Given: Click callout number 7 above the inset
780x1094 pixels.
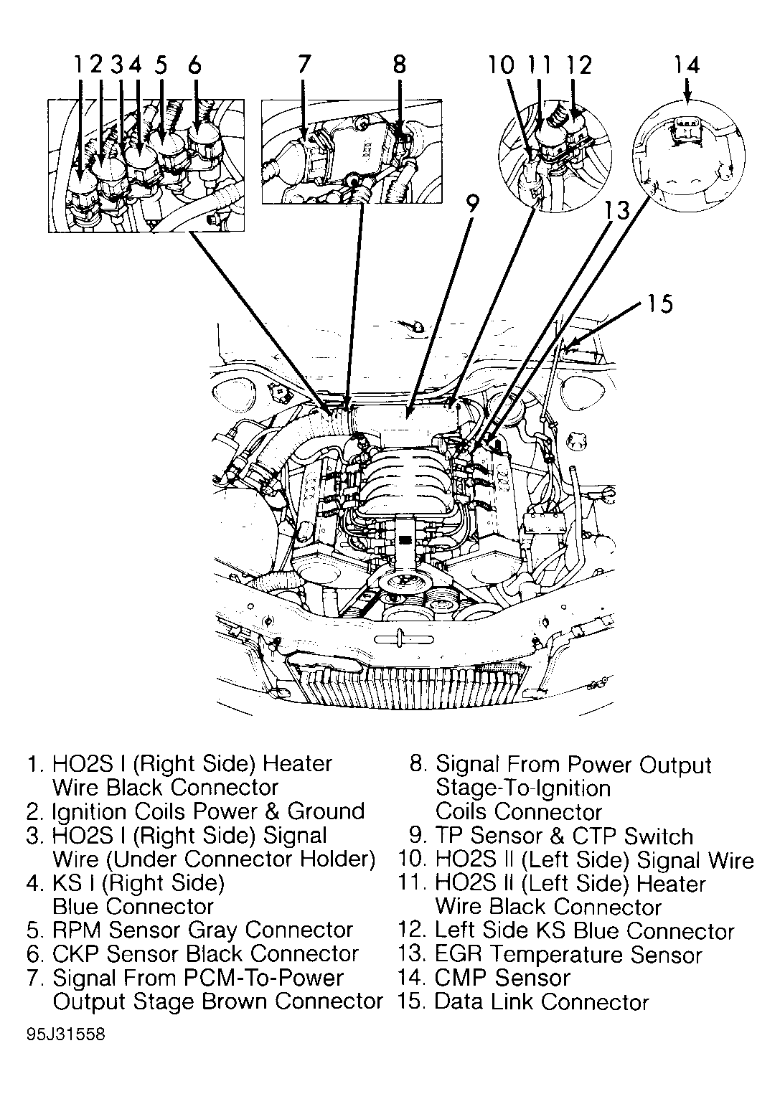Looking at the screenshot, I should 304,65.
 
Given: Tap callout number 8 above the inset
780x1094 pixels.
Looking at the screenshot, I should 399,65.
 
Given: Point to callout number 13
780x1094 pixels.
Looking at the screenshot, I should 616,210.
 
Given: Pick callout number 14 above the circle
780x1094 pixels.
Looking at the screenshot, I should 686,65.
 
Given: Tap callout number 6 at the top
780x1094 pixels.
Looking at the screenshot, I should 194,65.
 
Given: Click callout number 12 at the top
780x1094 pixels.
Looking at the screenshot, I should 578,65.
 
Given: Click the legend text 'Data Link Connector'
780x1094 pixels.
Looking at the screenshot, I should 541,1002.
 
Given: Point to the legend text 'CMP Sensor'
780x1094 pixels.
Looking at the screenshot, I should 502,978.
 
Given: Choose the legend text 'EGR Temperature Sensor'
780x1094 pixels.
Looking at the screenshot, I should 568,955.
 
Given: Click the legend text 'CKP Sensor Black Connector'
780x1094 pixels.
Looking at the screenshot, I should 205,953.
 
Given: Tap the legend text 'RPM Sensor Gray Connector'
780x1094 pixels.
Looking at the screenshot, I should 202,930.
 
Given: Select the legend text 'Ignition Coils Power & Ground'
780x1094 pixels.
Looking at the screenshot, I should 208,811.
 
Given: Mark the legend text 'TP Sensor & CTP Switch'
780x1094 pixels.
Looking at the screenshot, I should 564,836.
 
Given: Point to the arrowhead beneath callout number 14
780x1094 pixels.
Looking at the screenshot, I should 687,96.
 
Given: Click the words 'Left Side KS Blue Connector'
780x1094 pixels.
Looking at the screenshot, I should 584,931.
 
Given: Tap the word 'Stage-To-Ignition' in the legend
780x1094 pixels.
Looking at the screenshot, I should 523,788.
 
